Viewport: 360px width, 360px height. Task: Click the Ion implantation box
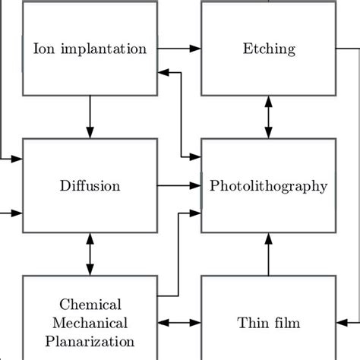click(90, 49)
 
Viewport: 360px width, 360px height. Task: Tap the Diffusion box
click(90, 185)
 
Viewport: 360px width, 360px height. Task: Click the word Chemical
click(90, 305)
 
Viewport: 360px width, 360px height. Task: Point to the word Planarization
click(90, 341)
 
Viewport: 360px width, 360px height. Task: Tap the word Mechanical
click(90, 323)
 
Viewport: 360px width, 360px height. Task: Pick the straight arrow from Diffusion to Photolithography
click(178, 185)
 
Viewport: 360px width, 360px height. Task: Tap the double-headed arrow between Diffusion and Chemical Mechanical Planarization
click(90, 254)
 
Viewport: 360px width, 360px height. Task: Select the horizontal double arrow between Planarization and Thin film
click(178, 323)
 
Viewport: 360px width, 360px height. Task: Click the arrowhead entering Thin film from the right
click(342, 323)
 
